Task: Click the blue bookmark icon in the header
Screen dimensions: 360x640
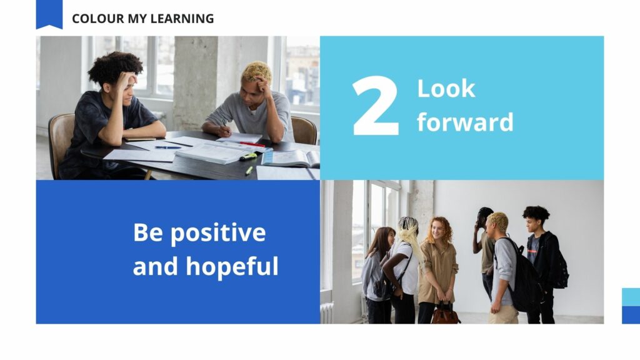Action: point(49,13)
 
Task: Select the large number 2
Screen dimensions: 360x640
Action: point(375,107)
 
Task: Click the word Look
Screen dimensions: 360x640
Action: point(446,89)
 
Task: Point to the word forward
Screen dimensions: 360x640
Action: point(465,122)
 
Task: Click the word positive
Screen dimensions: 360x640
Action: point(217,233)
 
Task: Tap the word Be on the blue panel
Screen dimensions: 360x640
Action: point(147,233)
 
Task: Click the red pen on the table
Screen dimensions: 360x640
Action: point(252,144)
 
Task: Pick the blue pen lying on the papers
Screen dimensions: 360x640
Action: point(167,147)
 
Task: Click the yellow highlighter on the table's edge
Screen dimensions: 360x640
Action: point(249,170)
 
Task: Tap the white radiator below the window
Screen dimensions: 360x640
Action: point(327,312)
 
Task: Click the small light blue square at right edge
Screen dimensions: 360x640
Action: point(631,297)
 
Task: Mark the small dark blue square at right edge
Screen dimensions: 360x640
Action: point(631,314)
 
